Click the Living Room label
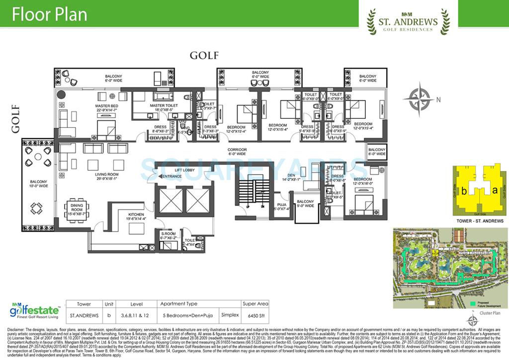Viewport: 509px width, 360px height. (106, 175)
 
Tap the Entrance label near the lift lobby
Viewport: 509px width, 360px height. (171, 177)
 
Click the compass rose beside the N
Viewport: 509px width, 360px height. (418, 98)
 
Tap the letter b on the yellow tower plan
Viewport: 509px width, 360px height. (463, 190)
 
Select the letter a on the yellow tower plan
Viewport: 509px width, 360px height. (494, 189)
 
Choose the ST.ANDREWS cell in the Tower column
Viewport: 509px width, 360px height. (84, 315)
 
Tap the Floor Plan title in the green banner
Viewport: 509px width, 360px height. (50, 14)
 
